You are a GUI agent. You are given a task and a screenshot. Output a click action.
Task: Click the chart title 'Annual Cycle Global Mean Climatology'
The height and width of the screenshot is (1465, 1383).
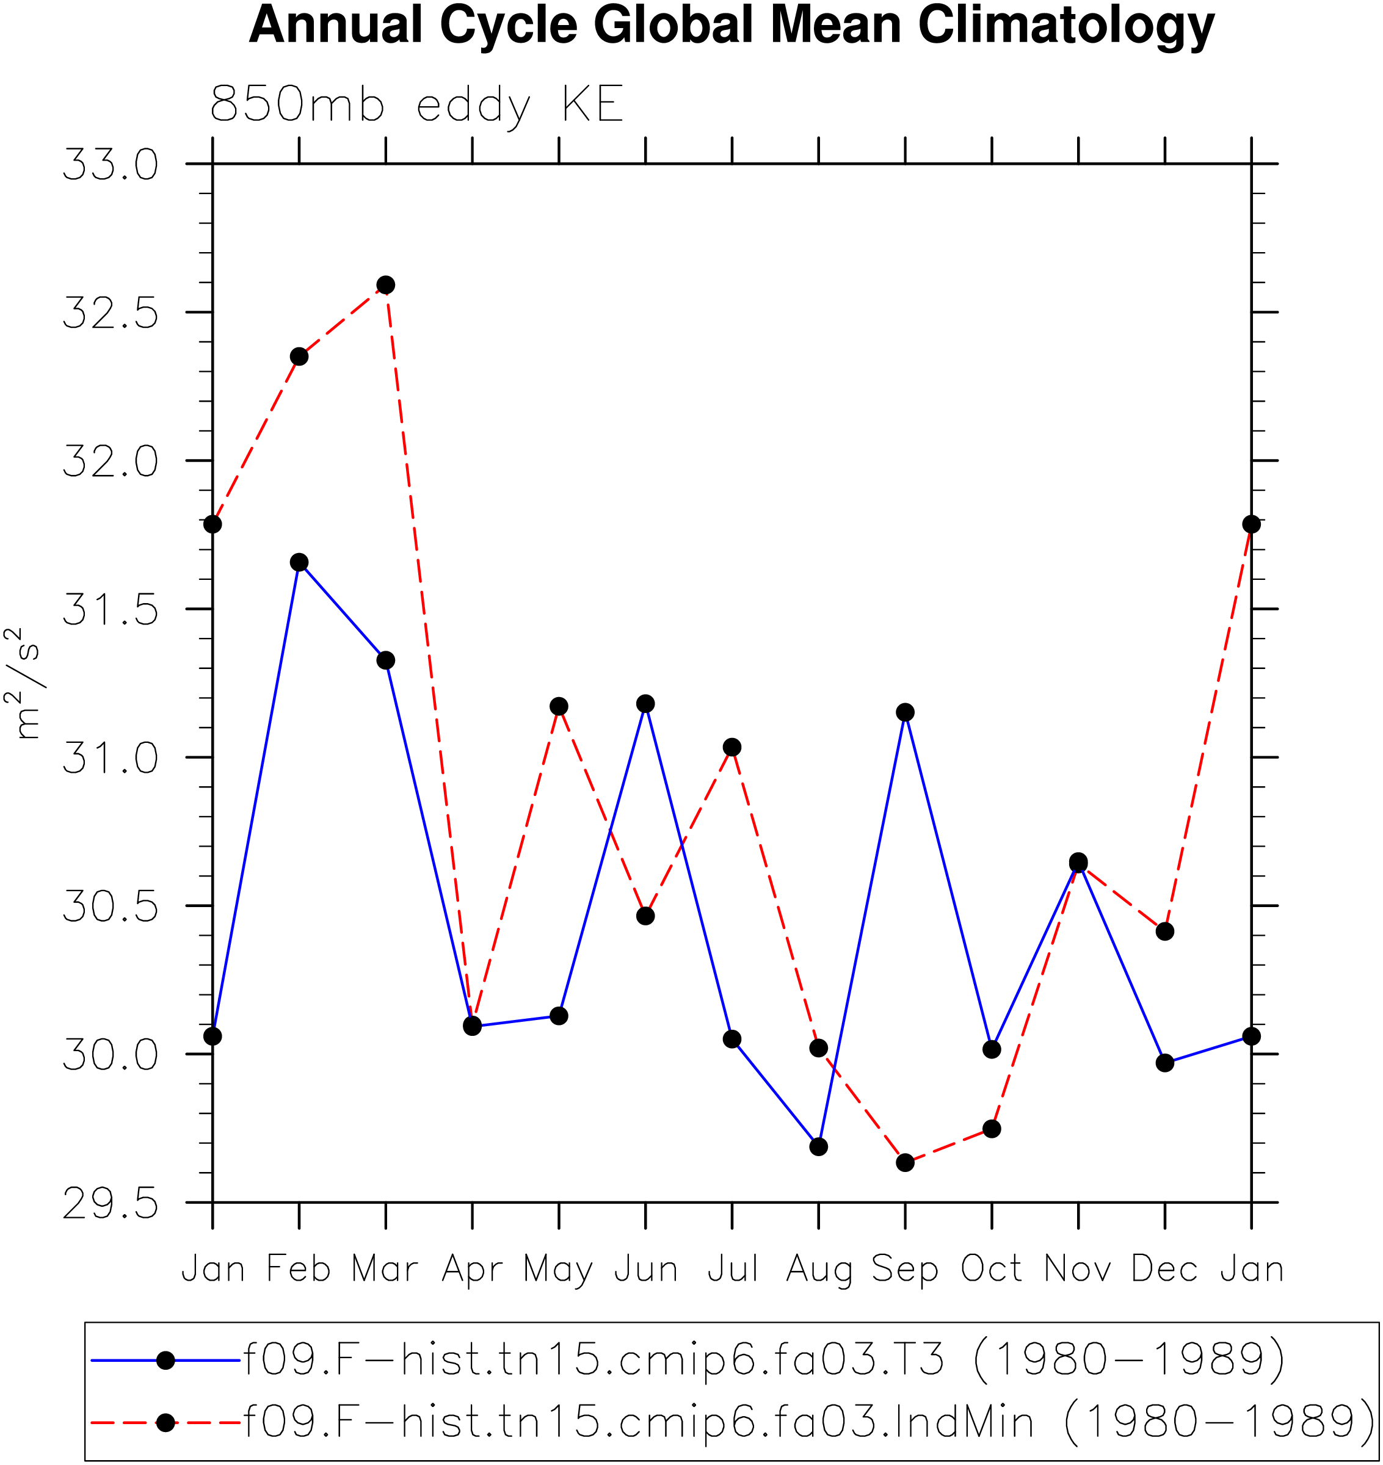731,26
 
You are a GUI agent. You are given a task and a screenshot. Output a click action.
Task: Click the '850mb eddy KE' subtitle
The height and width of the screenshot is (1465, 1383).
417,104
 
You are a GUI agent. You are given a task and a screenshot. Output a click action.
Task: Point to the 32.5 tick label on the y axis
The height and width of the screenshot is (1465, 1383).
110,313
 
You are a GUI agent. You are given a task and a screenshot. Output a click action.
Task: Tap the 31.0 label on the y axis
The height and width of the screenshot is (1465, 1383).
110,758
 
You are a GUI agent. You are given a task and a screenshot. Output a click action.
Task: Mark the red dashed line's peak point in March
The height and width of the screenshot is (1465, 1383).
385,284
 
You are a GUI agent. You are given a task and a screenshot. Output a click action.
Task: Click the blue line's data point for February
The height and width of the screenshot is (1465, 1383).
299,562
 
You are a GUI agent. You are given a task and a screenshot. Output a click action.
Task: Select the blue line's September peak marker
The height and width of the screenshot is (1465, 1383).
906,712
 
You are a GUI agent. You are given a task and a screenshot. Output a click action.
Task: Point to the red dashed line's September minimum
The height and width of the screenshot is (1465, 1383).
906,1163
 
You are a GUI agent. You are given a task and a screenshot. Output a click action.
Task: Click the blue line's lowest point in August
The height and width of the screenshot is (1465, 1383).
818,1146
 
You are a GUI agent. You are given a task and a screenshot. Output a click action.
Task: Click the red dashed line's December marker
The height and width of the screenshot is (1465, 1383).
1165,931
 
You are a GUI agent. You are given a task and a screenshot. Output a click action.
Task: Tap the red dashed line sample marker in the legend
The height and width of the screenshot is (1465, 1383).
166,1422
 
